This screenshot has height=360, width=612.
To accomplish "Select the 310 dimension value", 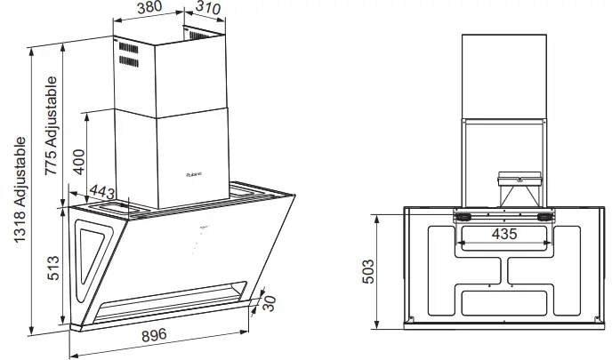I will [206, 10].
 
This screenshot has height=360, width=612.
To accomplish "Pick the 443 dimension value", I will [103, 190].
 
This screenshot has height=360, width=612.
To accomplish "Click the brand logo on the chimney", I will [196, 173].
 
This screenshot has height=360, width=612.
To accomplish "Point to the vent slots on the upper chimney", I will [129, 59].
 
